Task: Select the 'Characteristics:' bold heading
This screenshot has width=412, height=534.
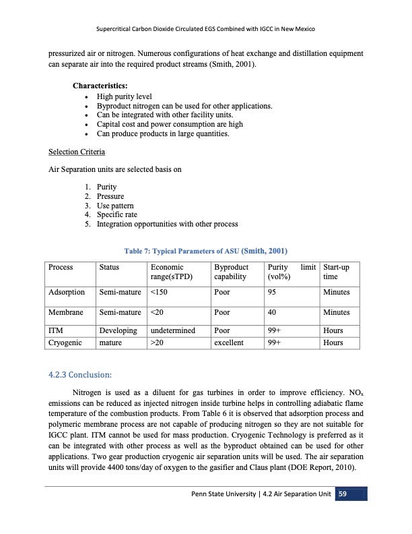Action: tap(100, 86)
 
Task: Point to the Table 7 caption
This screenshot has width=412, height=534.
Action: tap(205, 250)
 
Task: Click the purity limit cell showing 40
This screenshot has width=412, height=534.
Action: tap(273, 313)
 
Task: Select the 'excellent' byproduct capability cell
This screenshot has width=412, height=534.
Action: tap(228, 343)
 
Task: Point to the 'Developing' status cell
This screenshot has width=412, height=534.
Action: tap(118, 330)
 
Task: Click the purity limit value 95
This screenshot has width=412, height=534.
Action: tap(273, 293)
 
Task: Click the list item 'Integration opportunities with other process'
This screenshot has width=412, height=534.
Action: tap(167, 224)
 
